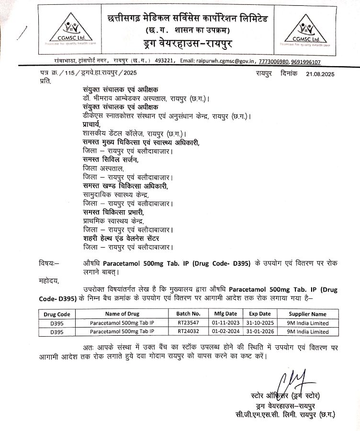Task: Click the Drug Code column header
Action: click(x=57, y=314)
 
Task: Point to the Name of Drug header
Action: click(x=122, y=314)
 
